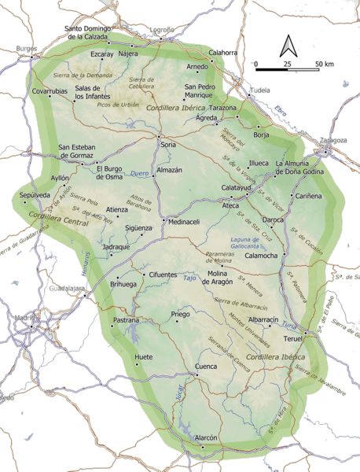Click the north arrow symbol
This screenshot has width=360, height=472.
pyautogui.click(x=288, y=46)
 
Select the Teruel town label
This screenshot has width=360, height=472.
pyautogui.click(x=292, y=338)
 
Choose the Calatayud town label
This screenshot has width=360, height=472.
pyautogui.click(x=235, y=188)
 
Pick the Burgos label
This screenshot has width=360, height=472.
pyautogui.click(x=26, y=48)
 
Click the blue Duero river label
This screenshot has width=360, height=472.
pyautogui.click(x=139, y=173)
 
